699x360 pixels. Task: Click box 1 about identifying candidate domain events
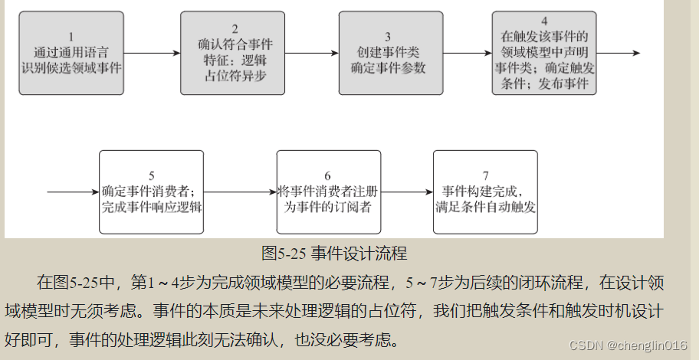[x=71, y=53]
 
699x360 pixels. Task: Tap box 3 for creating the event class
[x=387, y=53]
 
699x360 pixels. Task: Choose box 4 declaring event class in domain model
[x=544, y=53]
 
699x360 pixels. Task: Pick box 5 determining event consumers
[x=151, y=192]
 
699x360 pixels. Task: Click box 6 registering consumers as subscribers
[x=328, y=192]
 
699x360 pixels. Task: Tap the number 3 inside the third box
[x=388, y=37]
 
